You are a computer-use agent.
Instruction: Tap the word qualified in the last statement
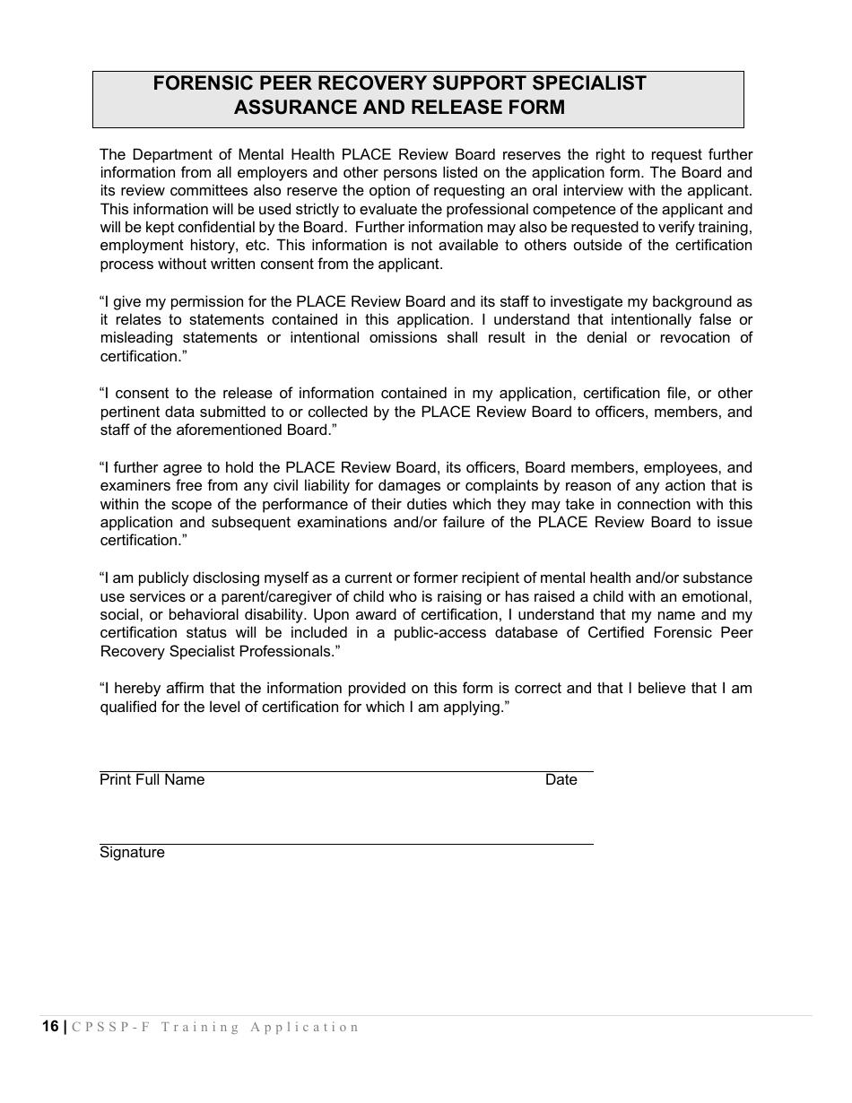(130, 707)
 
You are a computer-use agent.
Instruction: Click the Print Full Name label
(152, 780)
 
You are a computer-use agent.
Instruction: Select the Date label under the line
(561, 780)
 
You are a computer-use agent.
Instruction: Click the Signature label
(132, 853)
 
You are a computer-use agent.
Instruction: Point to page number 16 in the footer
(49, 1027)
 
